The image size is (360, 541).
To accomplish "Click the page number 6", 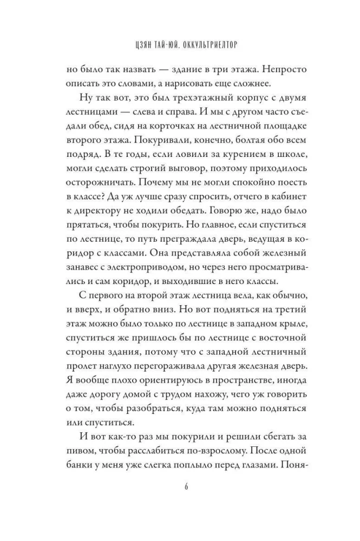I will click(x=180, y=485).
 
